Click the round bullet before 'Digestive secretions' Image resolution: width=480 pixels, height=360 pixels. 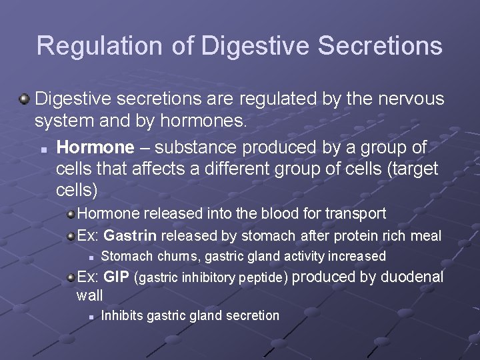pyautogui.click(x=24, y=99)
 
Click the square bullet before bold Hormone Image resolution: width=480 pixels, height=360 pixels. pyautogui.click(x=43, y=147)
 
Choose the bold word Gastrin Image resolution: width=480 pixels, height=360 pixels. pyautogui.click(x=130, y=235)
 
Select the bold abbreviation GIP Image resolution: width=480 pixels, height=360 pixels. pyautogui.click(x=117, y=277)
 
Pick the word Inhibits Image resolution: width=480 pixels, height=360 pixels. pyautogui.click(x=121, y=315)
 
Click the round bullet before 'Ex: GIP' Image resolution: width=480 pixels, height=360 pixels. pyautogui.click(x=70, y=277)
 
